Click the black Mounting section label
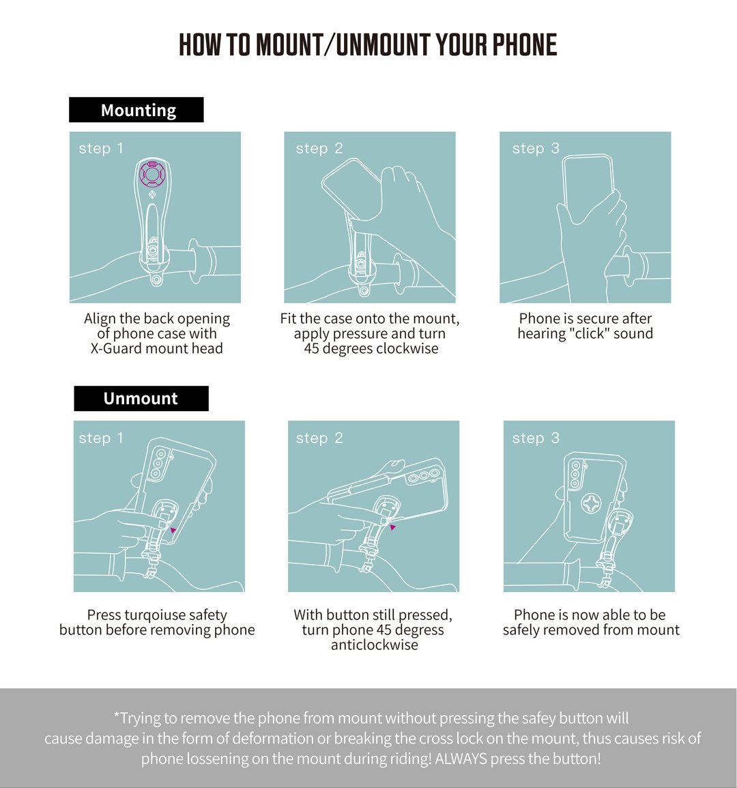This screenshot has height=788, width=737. click(136, 109)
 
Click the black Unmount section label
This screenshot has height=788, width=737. click(141, 399)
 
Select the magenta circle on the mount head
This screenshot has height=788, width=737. click(151, 174)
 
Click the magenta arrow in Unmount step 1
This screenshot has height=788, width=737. click(173, 530)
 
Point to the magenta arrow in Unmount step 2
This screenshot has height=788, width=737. click(393, 527)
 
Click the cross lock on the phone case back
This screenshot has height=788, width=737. click(592, 503)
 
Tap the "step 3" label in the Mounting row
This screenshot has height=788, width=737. click(536, 148)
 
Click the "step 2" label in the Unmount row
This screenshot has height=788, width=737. click(319, 438)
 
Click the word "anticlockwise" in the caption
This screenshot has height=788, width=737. click(374, 645)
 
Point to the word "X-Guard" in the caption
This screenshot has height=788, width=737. click(115, 349)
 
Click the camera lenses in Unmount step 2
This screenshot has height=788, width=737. click(423, 476)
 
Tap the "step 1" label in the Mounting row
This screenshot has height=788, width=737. click(101, 148)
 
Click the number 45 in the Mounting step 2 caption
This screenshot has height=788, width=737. click(311, 349)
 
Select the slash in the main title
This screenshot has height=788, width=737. click(330, 44)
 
